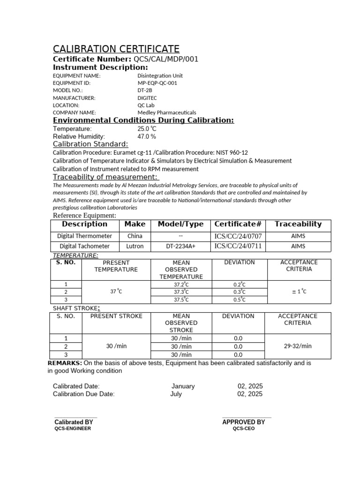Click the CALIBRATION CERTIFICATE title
pyautogui.click(x=116, y=49)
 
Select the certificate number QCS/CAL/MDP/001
pyautogui.click(x=166, y=59)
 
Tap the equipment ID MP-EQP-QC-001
pyautogui.click(x=157, y=83)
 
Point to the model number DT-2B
pyautogui.click(x=145, y=90)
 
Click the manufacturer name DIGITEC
pyautogui.click(x=147, y=98)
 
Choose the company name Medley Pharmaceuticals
pyautogui.click(x=166, y=112)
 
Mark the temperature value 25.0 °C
pyautogui.click(x=147, y=128)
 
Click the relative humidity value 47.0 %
pyautogui.click(x=146, y=136)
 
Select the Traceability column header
pyautogui.click(x=298, y=224)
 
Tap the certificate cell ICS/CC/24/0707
pyautogui.click(x=238, y=236)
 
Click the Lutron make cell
pyautogui.click(x=135, y=246)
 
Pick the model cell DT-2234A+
pyautogui.click(x=180, y=246)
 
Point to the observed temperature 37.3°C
pyautogui.click(x=181, y=292)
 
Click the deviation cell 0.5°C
pyautogui.click(x=239, y=300)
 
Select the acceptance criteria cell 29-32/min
pyautogui.click(x=298, y=346)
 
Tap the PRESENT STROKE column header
pyautogui.click(x=116, y=316)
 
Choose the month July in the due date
pyautogui.click(x=176, y=394)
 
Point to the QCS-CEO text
pyautogui.click(x=244, y=428)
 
